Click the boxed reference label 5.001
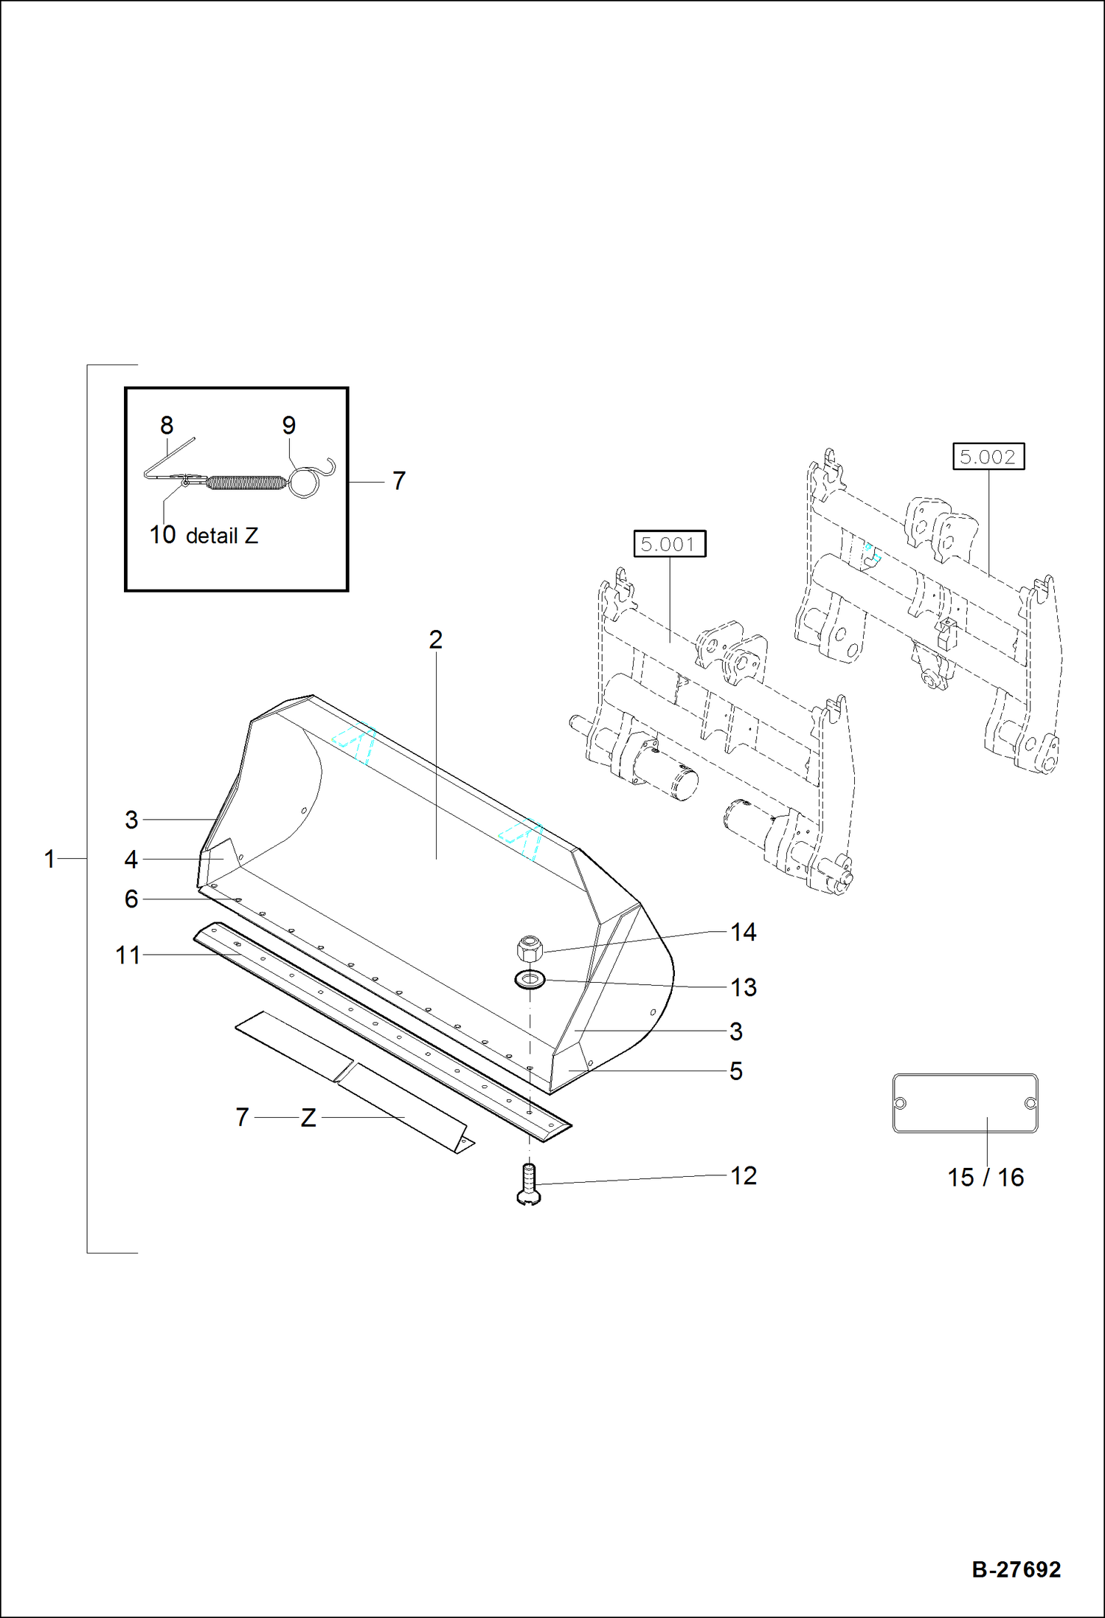coord(669,544)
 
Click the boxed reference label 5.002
coord(988,457)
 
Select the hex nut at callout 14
coord(530,947)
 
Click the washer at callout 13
coord(530,980)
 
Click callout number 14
coord(743,932)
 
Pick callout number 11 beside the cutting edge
coord(128,955)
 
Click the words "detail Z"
coord(221,536)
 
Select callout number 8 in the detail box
coord(167,425)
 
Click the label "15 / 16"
coord(985,1177)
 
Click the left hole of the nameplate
coord(900,1103)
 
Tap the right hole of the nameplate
coord(1030,1103)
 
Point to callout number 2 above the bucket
coord(435,639)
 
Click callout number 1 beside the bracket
coord(49,859)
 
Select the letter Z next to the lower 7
coord(308,1118)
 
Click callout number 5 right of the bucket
coord(735,1071)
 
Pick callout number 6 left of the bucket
coord(131,899)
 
